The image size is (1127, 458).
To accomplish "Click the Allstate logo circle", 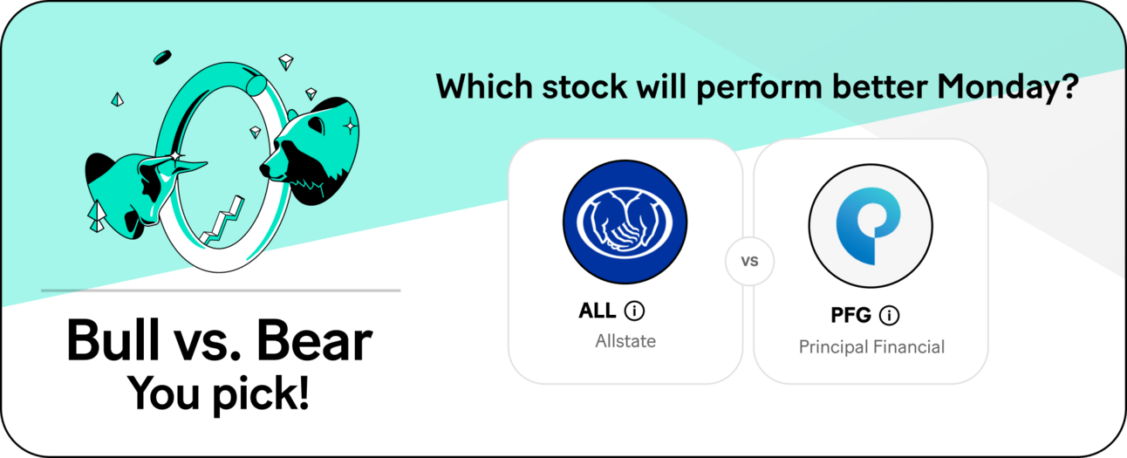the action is pyautogui.click(x=625, y=222).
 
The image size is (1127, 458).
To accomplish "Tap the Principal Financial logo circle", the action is pyautogui.click(x=871, y=226).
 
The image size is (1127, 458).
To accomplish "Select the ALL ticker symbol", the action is pyautogui.click(x=598, y=311).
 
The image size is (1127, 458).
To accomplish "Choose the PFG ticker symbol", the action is pyautogui.click(x=850, y=316).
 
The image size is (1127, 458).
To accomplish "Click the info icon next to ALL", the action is pyautogui.click(x=634, y=311).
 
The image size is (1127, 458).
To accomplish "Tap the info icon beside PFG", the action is pyautogui.click(x=889, y=316).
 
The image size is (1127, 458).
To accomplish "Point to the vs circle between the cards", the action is pyautogui.click(x=749, y=261).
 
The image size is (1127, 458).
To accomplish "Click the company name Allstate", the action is pyautogui.click(x=625, y=341).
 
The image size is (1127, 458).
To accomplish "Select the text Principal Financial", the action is pyautogui.click(x=871, y=347).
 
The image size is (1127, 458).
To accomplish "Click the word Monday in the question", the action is pyautogui.click(x=1001, y=87).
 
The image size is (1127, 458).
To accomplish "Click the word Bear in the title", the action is pyautogui.click(x=314, y=341).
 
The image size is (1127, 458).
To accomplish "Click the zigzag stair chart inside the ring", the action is pyautogui.click(x=222, y=222).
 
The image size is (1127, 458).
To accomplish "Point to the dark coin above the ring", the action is pyautogui.click(x=162, y=58).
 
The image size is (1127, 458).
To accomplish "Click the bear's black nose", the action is pyautogui.click(x=264, y=169).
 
